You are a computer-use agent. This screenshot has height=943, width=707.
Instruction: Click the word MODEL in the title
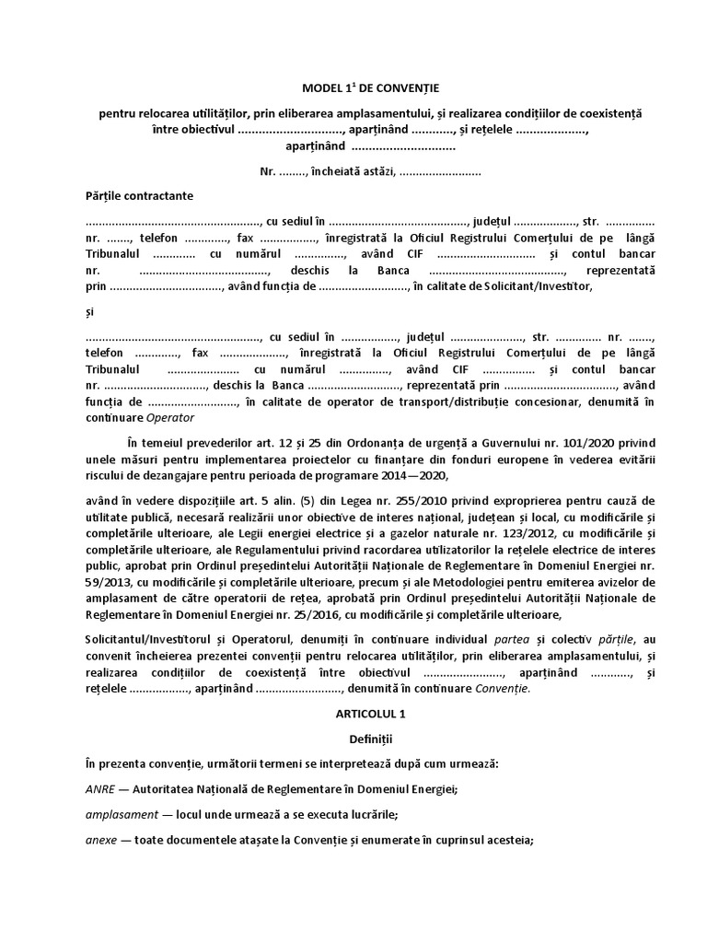[x=322, y=88]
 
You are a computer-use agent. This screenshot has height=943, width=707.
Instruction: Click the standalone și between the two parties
[x=90, y=312]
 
